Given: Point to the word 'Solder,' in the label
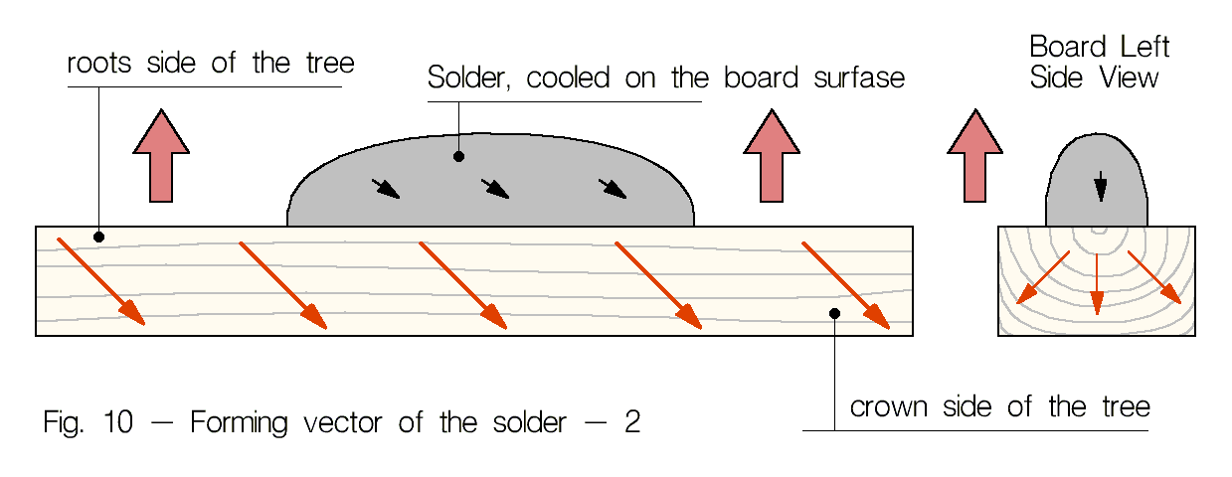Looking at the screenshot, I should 469,79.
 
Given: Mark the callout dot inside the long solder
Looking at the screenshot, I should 458,156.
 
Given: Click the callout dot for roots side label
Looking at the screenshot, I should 98,237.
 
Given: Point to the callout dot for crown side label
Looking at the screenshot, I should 835,313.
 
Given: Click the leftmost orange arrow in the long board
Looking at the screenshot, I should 100,281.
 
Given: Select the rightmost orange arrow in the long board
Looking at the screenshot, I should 845,283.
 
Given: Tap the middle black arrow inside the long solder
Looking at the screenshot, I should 495,188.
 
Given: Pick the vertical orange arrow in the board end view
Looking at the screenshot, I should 1096,282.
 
